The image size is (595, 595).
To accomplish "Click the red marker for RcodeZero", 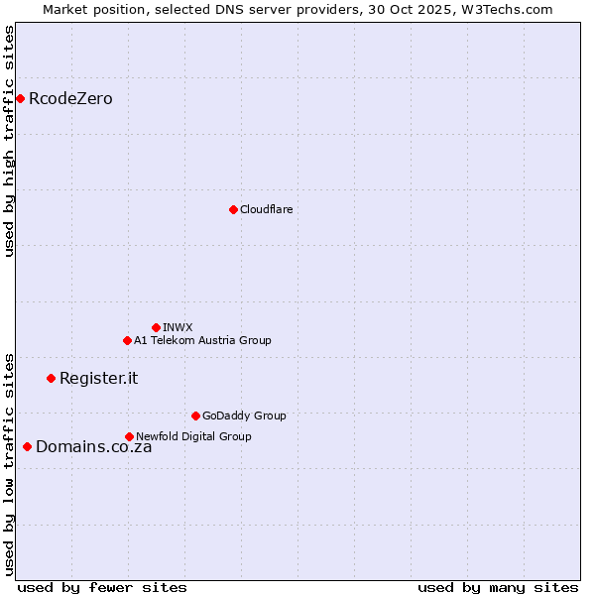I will pyautogui.click(x=20, y=98).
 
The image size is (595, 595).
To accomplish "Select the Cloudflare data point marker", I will pyautogui.click(x=233, y=209).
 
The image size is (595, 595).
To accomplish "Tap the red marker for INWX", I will pyautogui.click(x=156, y=327).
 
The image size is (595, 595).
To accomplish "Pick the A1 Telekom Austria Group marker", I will pyautogui.click(x=127, y=340).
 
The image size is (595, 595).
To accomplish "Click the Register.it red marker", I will pyautogui.click(x=51, y=378).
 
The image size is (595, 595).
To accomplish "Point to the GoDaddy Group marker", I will pyautogui.click(x=195, y=416).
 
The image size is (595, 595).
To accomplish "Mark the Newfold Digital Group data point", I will pyautogui.click(x=129, y=436).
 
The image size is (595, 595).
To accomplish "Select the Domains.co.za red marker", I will pyautogui.click(x=27, y=446).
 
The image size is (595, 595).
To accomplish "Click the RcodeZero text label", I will pyautogui.click(x=70, y=98).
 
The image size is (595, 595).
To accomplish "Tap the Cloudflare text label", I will pyautogui.click(x=266, y=209).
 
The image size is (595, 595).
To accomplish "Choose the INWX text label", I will pyautogui.click(x=178, y=327).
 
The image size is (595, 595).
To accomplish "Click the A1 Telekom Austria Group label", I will pyautogui.click(x=202, y=340).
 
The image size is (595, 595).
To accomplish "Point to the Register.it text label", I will pyautogui.click(x=98, y=378).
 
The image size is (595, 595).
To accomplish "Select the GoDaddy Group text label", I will pyautogui.click(x=244, y=416).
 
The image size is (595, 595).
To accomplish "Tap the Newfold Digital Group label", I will pyautogui.click(x=193, y=436).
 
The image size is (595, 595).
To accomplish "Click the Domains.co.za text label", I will pyautogui.click(x=93, y=446).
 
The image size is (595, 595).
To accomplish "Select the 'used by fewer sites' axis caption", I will pyautogui.click(x=102, y=587).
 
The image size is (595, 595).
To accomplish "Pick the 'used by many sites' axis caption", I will pyautogui.click(x=498, y=587).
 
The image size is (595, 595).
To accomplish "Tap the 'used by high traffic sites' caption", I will pyautogui.click(x=9, y=141).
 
